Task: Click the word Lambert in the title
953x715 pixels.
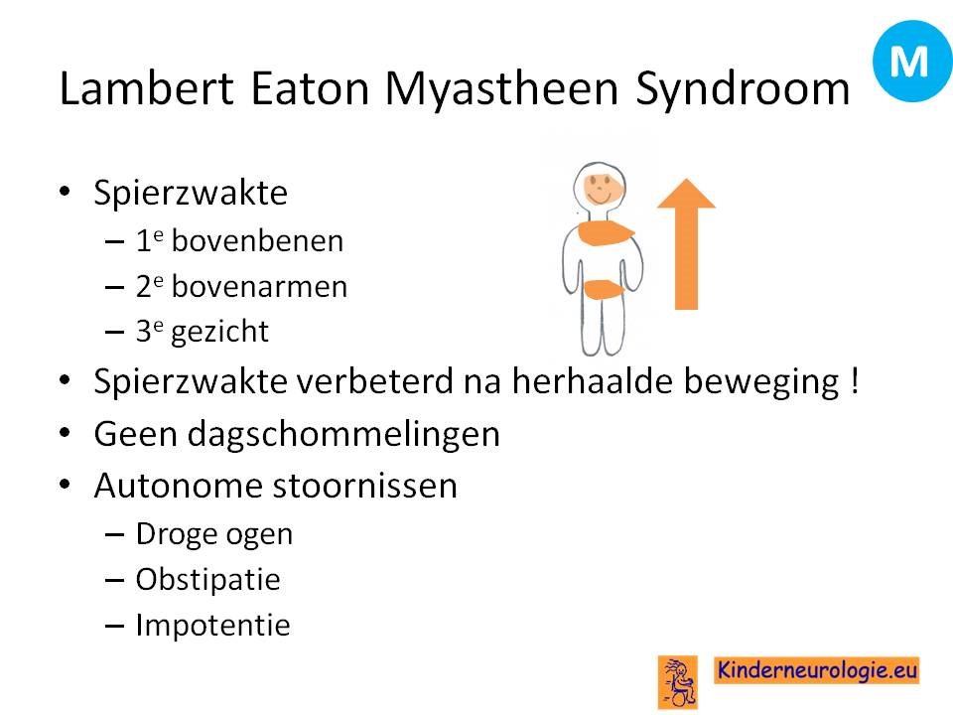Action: pyautogui.click(x=147, y=88)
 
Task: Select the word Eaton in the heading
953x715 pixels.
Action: pyautogui.click(x=310, y=88)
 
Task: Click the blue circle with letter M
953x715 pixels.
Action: pyautogui.click(x=911, y=61)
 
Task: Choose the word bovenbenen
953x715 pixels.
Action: pyautogui.click(x=258, y=240)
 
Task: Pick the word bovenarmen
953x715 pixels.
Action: pyautogui.click(x=259, y=286)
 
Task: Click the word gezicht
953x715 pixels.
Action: pyautogui.click(x=220, y=333)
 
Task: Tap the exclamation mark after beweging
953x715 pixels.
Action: pyautogui.click(x=855, y=381)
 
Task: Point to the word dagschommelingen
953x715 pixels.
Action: pyautogui.click(x=343, y=435)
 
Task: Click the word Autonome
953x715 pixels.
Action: pyautogui.click(x=178, y=486)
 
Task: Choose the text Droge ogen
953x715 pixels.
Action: pyautogui.click(x=214, y=535)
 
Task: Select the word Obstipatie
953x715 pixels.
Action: pyautogui.click(x=207, y=580)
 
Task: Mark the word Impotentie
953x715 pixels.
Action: pyautogui.click(x=212, y=626)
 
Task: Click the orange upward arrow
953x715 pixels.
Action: pyautogui.click(x=687, y=243)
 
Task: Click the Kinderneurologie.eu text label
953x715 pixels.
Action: pyautogui.click(x=817, y=670)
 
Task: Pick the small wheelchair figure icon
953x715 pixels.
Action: pyautogui.click(x=678, y=682)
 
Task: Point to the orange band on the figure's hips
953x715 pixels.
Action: pyautogui.click(x=603, y=289)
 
